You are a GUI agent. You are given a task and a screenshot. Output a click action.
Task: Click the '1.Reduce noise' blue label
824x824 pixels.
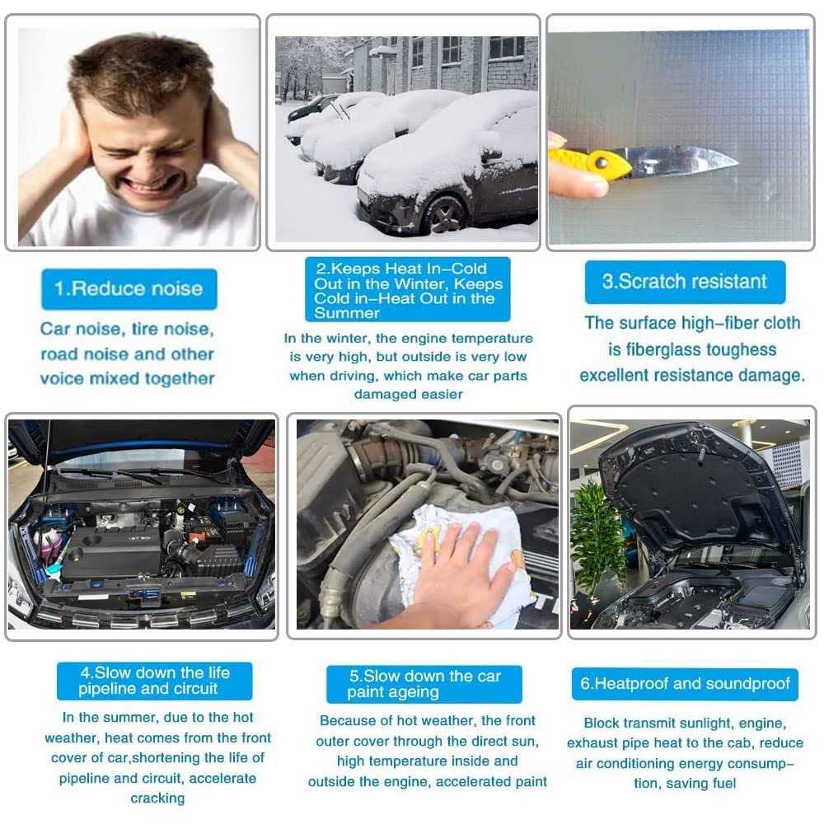[x=129, y=289]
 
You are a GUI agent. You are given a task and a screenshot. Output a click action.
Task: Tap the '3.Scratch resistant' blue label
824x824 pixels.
[x=685, y=282]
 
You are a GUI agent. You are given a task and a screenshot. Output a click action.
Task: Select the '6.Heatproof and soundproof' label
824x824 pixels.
[x=685, y=684]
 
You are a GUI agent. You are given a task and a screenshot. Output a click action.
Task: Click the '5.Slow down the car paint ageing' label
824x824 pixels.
[x=424, y=684]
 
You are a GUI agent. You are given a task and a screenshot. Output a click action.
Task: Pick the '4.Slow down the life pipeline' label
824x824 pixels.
[x=155, y=681]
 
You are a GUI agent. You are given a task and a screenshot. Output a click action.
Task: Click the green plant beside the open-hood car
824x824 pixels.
[x=598, y=536]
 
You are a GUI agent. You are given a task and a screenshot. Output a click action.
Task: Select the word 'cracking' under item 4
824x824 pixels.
[x=157, y=798]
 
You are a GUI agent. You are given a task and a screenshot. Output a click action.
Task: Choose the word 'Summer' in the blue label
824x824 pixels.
[x=347, y=313]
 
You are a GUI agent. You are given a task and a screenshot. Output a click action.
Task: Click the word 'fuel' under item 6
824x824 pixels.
[x=724, y=783]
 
